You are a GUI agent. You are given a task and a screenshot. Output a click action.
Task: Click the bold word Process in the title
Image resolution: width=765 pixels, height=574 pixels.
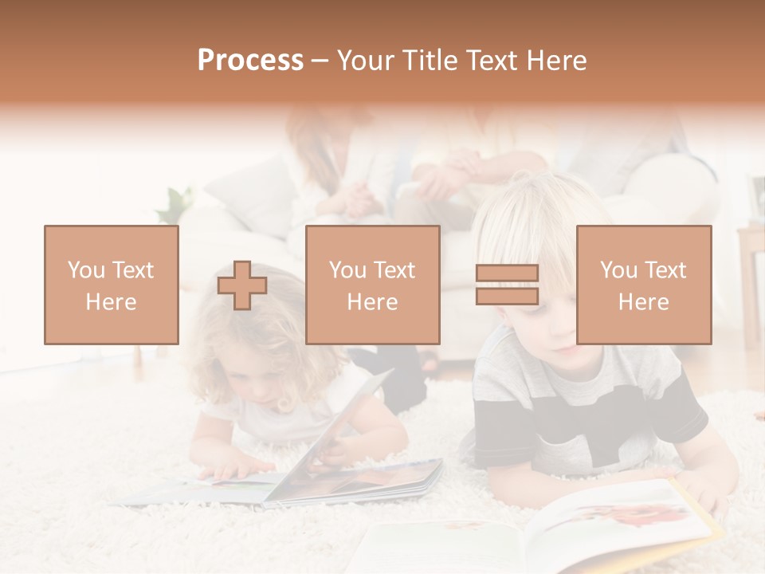[250, 61]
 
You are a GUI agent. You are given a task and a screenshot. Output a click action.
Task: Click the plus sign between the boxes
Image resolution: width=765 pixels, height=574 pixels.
[242, 285]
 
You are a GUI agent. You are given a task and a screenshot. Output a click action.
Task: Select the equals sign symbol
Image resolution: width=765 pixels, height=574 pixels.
[507, 285]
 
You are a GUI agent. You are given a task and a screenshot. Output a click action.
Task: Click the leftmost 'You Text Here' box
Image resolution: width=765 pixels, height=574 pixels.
[112, 285]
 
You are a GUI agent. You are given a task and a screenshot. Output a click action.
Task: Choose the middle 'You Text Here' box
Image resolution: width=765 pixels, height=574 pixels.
[372, 285]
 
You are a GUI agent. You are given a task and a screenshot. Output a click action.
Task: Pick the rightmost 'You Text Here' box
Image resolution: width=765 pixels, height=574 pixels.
[644, 285]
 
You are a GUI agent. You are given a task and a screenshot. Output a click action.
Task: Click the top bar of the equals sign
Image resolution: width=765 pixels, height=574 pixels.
[507, 273]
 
